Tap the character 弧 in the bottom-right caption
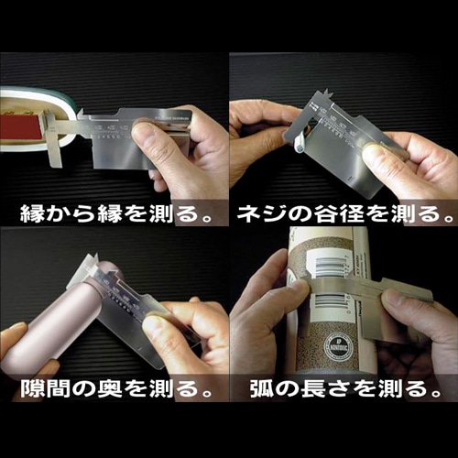262,389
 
